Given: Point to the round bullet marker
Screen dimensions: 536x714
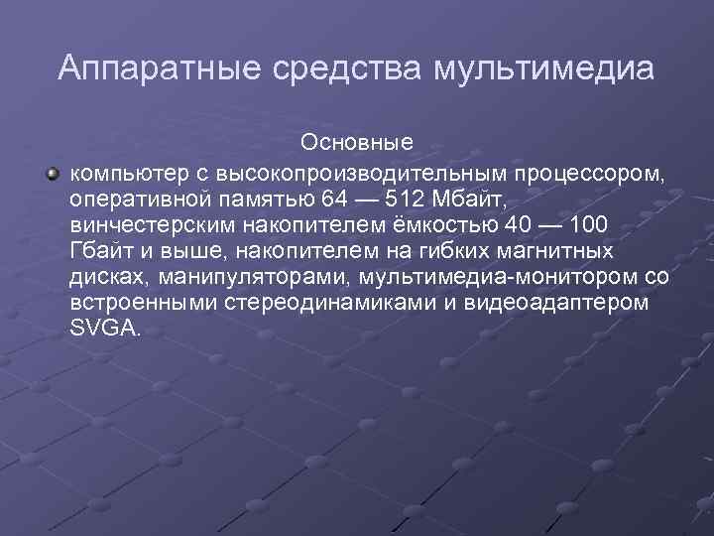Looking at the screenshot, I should [52, 174].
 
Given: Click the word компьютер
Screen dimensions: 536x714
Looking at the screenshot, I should [120, 174].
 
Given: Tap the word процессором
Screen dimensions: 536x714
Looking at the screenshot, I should [586, 174].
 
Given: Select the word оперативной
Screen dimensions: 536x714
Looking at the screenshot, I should [133, 200].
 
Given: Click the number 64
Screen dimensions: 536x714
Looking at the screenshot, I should [335, 200].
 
